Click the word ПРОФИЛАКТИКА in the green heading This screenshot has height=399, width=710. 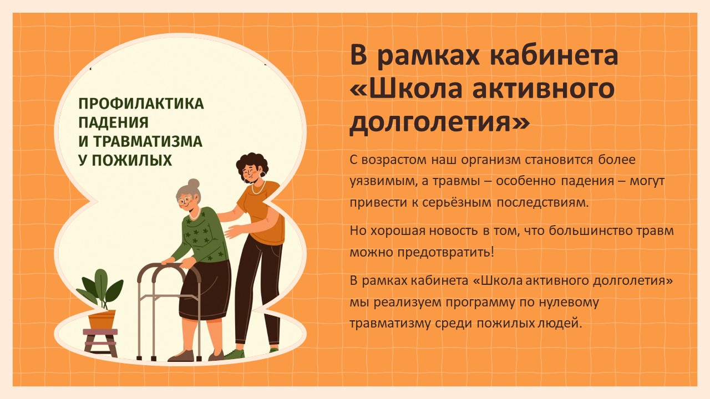141,104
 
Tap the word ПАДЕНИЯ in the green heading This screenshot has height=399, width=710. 114,122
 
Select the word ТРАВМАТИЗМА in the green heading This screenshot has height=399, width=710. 148,141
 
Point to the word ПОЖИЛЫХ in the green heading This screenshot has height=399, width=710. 132,160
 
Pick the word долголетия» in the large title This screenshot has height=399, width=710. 440,122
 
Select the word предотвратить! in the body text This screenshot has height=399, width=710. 445,253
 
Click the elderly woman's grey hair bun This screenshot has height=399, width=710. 194,183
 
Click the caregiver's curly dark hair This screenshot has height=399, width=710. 252,163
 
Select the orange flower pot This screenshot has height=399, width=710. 102,320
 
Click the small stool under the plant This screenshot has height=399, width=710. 100,342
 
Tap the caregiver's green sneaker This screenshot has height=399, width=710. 236,354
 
